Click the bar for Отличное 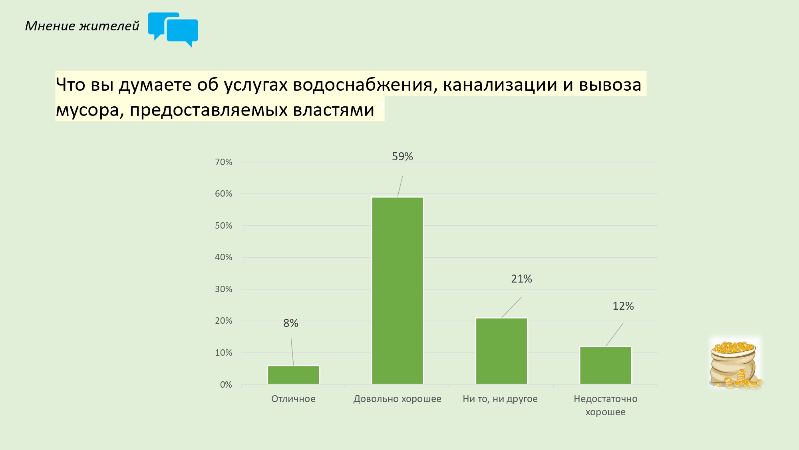(293, 375)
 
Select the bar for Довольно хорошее (398, 291)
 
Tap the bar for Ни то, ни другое (501, 351)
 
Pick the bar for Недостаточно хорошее (606, 365)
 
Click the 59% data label (402, 157)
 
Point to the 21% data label (521, 279)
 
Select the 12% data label (623, 306)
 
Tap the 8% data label (291, 323)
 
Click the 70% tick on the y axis (223, 162)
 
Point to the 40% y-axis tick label (223, 257)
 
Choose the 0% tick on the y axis (226, 385)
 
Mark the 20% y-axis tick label (223, 321)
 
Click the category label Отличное (293, 399)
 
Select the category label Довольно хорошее (398, 399)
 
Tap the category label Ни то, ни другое (500, 399)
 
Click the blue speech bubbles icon (173, 30)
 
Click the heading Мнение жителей (82, 26)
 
